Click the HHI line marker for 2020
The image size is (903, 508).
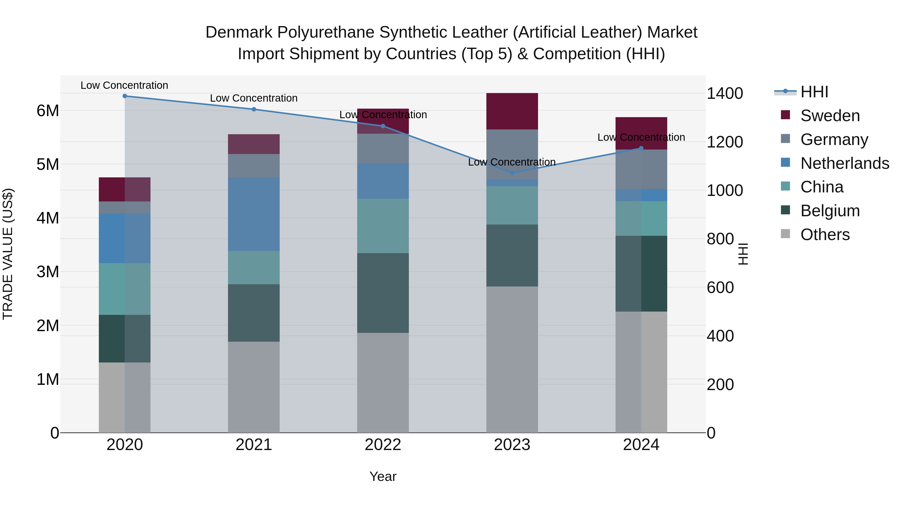pyautogui.click(x=125, y=96)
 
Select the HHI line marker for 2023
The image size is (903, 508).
pyautogui.click(x=512, y=173)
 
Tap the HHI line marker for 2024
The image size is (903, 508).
pyautogui.click(x=641, y=148)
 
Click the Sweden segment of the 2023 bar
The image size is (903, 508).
pyautogui.click(x=512, y=111)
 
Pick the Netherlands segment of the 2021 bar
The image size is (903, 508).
pyautogui.click(x=254, y=214)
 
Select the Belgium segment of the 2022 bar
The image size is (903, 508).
pyautogui.click(x=383, y=293)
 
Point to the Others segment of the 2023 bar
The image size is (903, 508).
pyautogui.click(x=512, y=359)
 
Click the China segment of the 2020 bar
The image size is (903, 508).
pyautogui.click(x=125, y=289)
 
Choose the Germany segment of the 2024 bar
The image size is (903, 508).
pyautogui.click(x=641, y=169)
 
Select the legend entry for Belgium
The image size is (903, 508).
pyautogui.click(x=830, y=211)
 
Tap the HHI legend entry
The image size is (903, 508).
pyautogui.click(x=814, y=92)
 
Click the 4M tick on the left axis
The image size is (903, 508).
pyautogui.click(x=48, y=218)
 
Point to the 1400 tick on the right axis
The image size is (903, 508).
pyautogui.click(x=725, y=94)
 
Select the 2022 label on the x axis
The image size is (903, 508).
pyautogui.click(x=383, y=445)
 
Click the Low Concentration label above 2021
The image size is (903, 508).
pyautogui.click(x=254, y=98)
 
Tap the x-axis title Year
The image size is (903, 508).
pyautogui.click(x=383, y=476)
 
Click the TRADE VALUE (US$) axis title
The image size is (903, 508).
pyautogui.click(x=8, y=254)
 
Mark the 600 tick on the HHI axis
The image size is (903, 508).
pyautogui.click(x=720, y=287)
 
